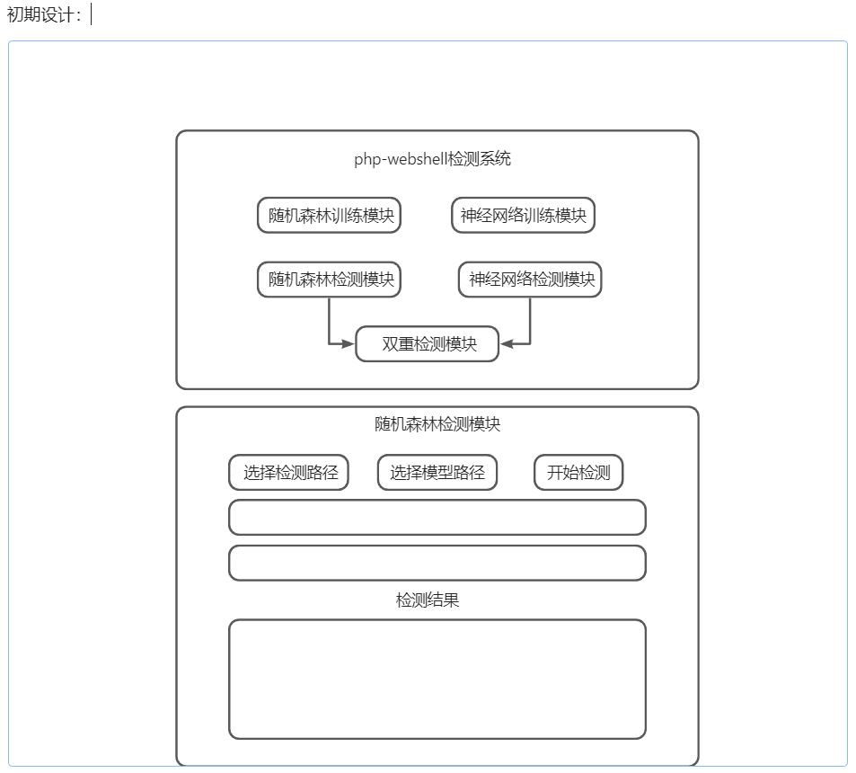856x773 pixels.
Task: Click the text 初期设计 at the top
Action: tap(43, 14)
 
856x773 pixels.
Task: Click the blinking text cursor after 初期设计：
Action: tap(92, 14)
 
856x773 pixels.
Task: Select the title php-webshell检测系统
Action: tap(432, 159)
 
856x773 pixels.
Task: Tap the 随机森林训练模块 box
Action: tap(329, 216)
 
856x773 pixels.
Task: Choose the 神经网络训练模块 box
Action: tap(523, 216)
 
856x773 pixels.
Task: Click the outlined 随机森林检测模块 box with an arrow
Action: tap(329, 280)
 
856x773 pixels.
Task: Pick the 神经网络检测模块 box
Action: tap(530, 280)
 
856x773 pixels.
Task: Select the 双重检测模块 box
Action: tap(428, 344)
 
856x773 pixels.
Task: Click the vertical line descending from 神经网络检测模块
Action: tap(530, 319)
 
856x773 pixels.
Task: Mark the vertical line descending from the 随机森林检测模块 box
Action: tap(329, 319)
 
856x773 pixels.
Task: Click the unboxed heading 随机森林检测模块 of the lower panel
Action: tap(437, 424)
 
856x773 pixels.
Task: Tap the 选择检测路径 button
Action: tap(289, 473)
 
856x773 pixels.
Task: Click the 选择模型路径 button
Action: tap(437, 473)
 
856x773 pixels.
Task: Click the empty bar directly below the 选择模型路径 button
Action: tap(437, 518)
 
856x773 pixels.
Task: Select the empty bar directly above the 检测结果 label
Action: tap(437, 564)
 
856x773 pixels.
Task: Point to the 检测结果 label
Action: tap(428, 600)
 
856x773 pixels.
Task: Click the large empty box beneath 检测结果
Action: tap(437, 679)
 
